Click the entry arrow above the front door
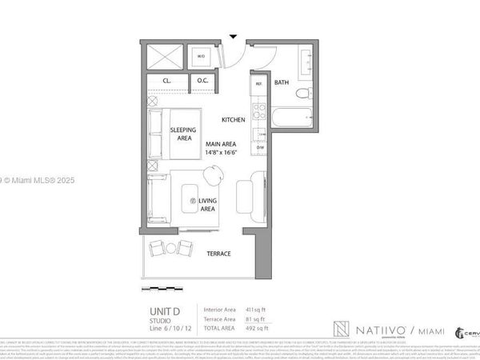click(x=233, y=36)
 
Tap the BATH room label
click(x=282, y=82)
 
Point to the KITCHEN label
click(x=233, y=119)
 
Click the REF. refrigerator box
click(x=259, y=84)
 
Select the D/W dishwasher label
click(x=259, y=148)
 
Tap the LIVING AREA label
click(x=208, y=205)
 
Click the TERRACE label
click(x=218, y=253)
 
